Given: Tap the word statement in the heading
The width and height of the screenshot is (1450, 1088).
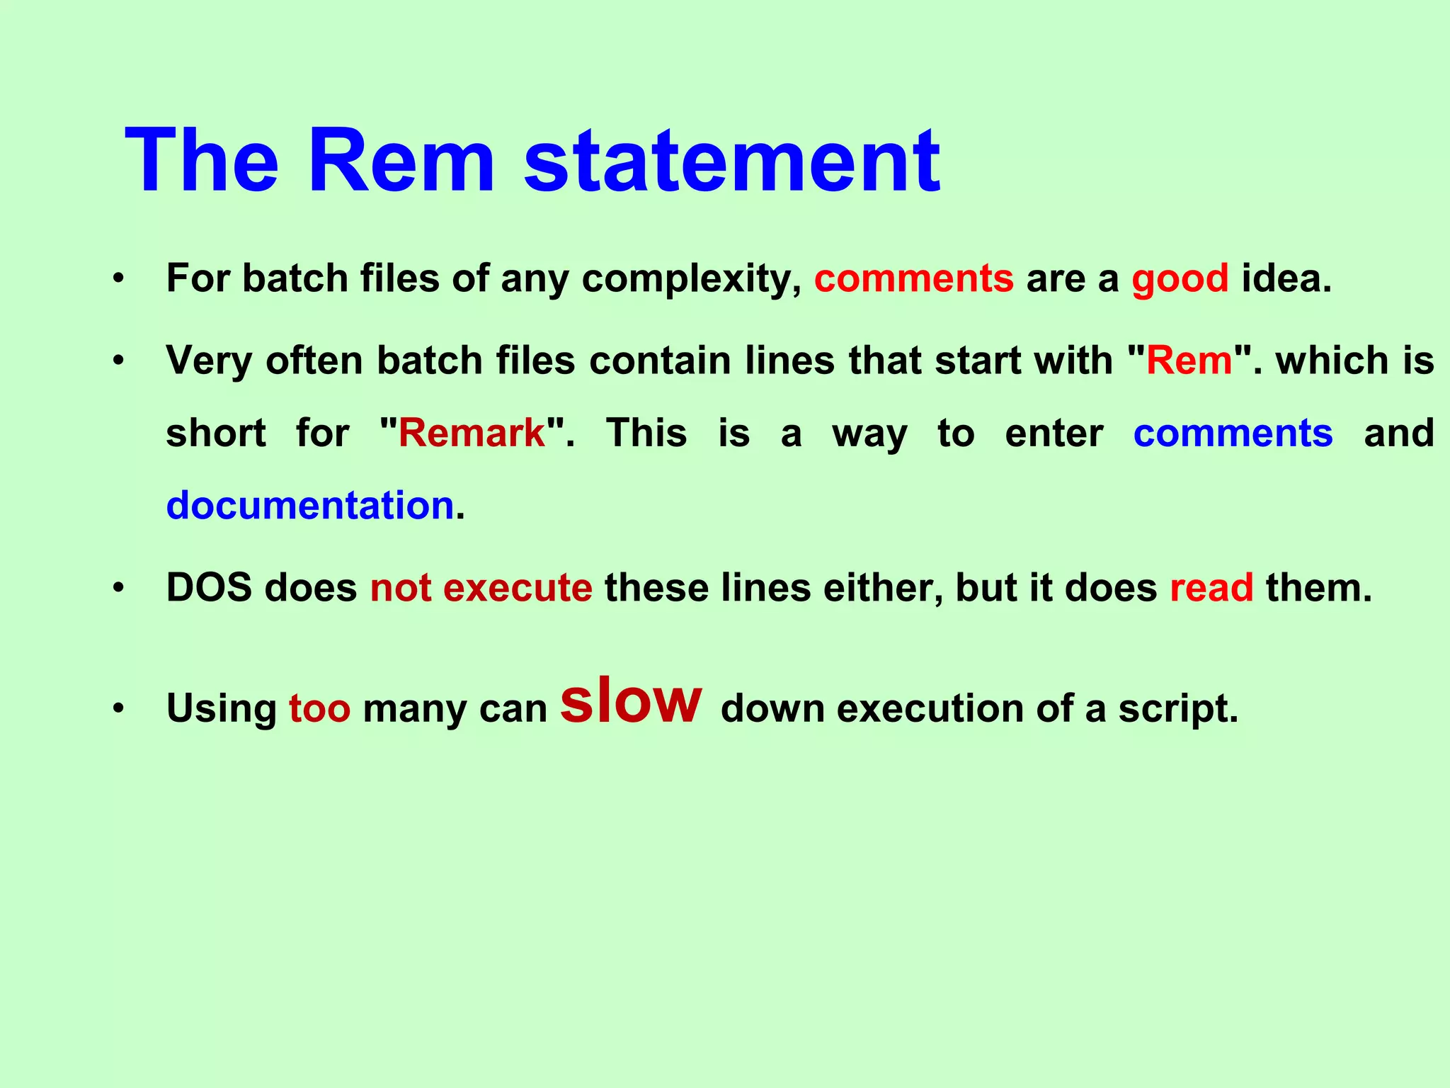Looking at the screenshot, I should click(x=732, y=161).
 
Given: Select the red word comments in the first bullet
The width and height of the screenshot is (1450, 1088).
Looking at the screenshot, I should click(x=913, y=278).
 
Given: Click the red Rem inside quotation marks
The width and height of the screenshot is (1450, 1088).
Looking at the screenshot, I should click(x=1189, y=361).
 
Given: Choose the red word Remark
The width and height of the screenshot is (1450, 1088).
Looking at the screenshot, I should click(x=472, y=433).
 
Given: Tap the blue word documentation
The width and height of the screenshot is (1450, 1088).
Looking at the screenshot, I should click(x=310, y=506).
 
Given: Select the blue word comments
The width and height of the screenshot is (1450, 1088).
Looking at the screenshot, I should click(x=1233, y=433).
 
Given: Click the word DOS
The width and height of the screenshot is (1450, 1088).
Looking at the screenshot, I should click(x=209, y=588).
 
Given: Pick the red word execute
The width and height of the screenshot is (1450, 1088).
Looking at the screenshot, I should click(x=518, y=588).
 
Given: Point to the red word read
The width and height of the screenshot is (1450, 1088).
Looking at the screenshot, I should click(x=1211, y=588).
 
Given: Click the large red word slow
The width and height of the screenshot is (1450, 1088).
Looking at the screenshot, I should click(x=631, y=701).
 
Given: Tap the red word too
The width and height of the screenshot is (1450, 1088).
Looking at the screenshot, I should click(x=319, y=708).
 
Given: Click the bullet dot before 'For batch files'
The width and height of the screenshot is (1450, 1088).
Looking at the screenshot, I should click(x=118, y=278).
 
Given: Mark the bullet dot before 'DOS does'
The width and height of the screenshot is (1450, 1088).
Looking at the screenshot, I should click(x=118, y=588).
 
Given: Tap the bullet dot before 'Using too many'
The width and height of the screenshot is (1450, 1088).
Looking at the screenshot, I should click(x=118, y=708).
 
